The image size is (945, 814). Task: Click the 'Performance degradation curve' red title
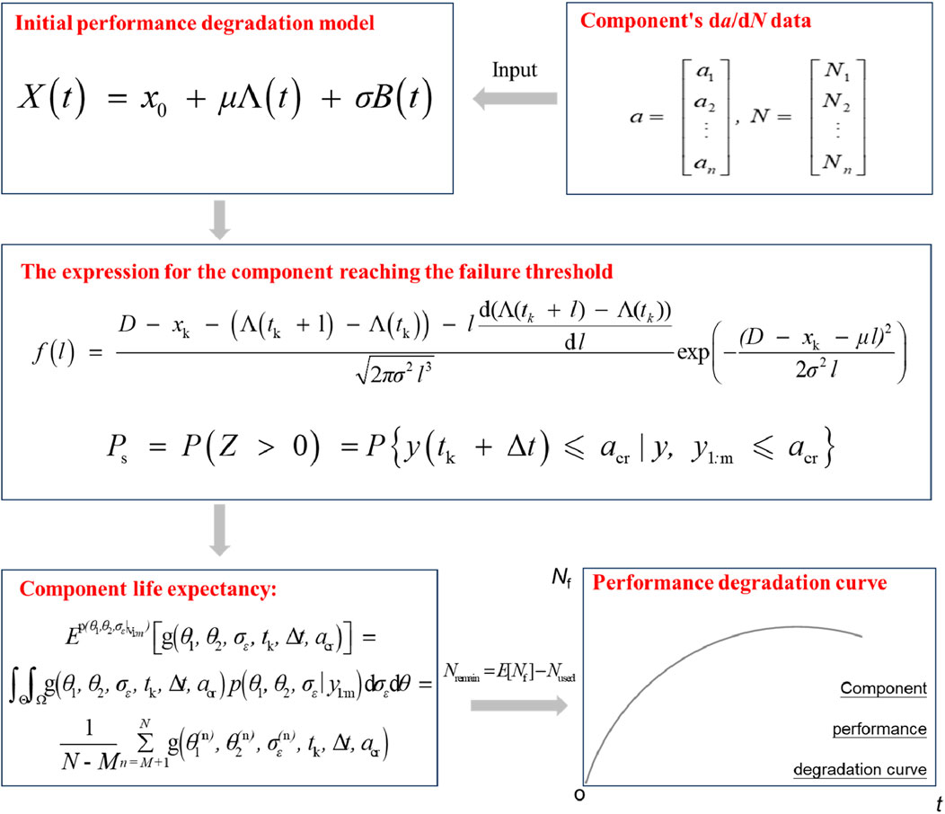click(x=740, y=583)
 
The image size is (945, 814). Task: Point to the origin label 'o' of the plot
click(x=580, y=793)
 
